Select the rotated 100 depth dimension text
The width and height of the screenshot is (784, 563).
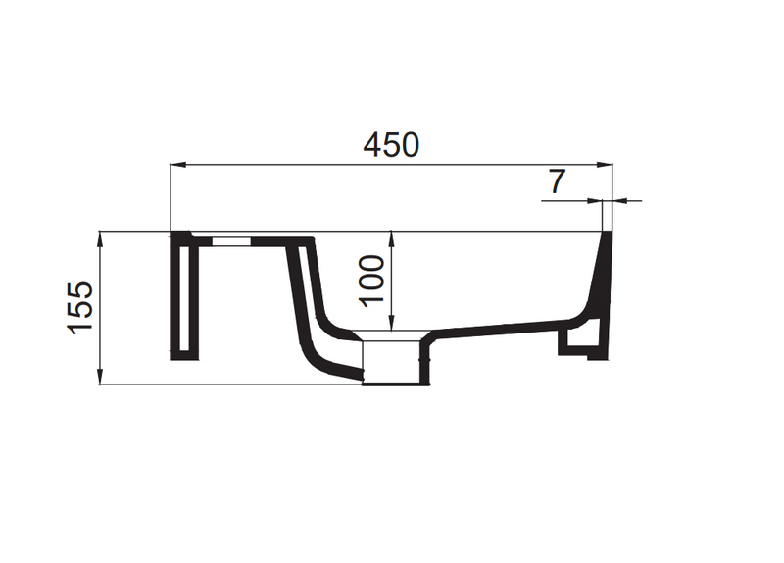click(371, 280)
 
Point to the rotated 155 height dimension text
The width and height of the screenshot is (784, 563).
click(79, 308)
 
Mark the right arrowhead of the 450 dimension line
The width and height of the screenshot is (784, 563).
click(607, 164)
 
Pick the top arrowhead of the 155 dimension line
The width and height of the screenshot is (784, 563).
click(101, 238)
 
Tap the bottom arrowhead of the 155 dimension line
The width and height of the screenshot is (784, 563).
click(101, 378)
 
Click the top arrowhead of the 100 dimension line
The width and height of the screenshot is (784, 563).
click(392, 238)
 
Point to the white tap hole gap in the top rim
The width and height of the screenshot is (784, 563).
click(230, 237)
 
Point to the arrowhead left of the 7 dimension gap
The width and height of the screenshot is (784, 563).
click(599, 201)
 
